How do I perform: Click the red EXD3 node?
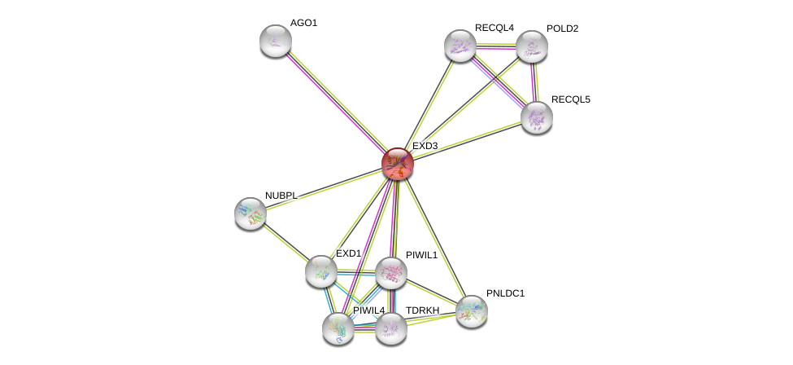pyautogui.click(x=398, y=164)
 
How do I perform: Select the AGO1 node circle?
pyautogui.click(x=276, y=41)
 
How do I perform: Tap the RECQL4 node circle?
pyautogui.click(x=460, y=46)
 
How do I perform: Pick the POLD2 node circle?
pyautogui.click(x=531, y=46)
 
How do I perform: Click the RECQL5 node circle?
pyautogui.click(x=536, y=117)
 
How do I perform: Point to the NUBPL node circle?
pyautogui.click(x=251, y=213)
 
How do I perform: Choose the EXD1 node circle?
pyautogui.click(x=321, y=271)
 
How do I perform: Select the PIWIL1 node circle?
pyautogui.click(x=390, y=273)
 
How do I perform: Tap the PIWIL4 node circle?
pyautogui.click(x=338, y=328)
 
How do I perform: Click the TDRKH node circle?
pyautogui.click(x=390, y=328)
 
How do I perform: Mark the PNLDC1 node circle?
pyautogui.click(x=471, y=311)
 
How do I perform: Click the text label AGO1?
pyautogui.click(x=303, y=23)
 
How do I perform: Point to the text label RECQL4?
pyautogui.click(x=494, y=28)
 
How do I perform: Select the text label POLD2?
pyautogui.click(x=562, y=29)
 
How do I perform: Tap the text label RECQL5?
pyautogui.click(x=570, y=99)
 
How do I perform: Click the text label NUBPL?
pyautogui.click(x=281, y=196)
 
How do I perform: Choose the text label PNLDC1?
pyautogui.click(x=505, y=293)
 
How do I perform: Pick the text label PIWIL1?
pyautogui.click(x=421, y=255)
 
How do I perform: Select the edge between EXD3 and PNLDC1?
pyautogui.click(x=434, y=237)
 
